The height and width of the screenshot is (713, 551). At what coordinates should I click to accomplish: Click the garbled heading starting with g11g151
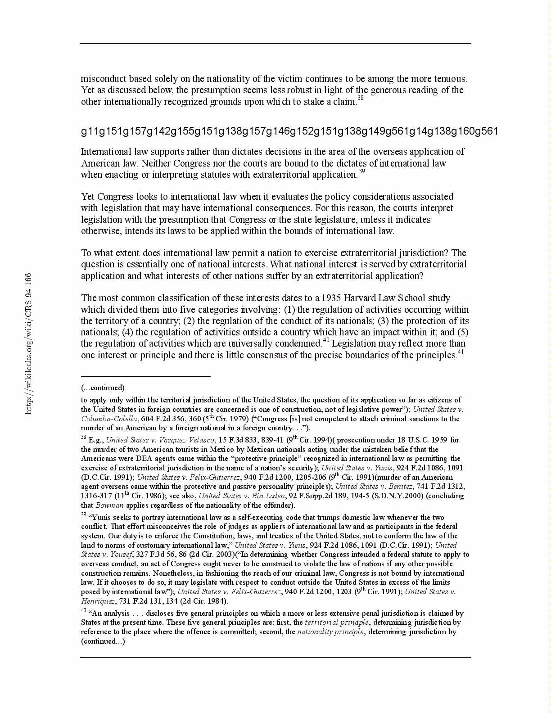click(289, 131)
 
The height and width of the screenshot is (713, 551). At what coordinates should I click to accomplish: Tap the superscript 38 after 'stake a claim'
click(361, 98)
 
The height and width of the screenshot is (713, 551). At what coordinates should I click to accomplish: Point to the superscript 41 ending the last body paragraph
click(461, 352)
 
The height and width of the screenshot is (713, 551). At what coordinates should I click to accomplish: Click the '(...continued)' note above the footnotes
click(103, 388)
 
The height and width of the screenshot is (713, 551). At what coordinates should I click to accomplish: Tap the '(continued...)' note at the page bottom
click(103, 641)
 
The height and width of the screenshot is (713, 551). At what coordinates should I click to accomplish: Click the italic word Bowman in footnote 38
click(109, 505)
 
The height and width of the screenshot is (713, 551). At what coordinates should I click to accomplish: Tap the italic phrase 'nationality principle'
click(330, 632)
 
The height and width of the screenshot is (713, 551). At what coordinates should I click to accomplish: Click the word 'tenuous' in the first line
click(451, 79)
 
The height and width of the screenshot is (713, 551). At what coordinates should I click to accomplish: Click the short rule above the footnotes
click(145, 376)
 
